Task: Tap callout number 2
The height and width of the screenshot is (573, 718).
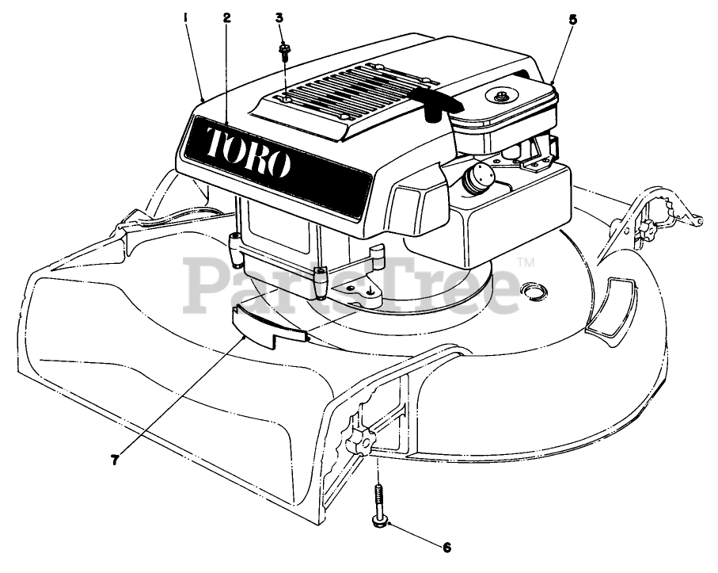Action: pos(226,17)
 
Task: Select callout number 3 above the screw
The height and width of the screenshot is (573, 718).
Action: pos(279,17)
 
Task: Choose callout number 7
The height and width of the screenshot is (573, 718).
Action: pos(115,459)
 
